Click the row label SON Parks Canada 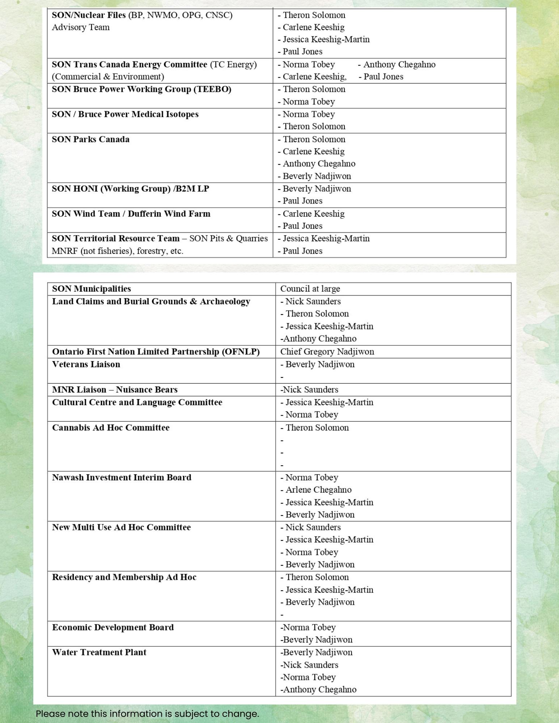90,140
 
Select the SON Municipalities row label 92,289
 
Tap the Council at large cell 310,289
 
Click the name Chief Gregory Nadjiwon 327,352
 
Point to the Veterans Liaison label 86,364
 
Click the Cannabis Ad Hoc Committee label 111,428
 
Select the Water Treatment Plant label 99,653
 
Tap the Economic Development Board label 113,628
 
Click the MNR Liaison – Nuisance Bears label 115,390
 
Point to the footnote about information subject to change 147,714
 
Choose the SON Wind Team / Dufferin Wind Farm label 131,214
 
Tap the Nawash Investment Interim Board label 122,478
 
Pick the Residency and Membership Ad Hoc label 124,577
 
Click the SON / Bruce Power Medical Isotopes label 125,114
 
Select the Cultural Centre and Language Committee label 137,402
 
